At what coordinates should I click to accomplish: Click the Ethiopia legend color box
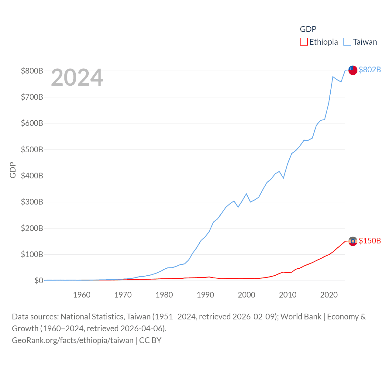tap(304, 42)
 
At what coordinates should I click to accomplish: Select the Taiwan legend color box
tap(347, 42)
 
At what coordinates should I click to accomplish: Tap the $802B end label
tap(370, 70)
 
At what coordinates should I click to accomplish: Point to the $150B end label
tap(370, 241)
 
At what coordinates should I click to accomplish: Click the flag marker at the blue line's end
tap(353, 70)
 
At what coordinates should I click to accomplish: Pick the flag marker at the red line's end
tap(353, 241)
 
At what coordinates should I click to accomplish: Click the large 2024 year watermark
tap(77, 77)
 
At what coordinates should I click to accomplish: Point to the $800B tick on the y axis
tap(32, 71)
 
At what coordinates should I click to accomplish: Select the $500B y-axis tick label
tap(32, 150)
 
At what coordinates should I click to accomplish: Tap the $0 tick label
tap(39, 281)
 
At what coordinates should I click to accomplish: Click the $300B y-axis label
tap(32, 202)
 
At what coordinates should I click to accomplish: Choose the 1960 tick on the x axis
tap(82, 295)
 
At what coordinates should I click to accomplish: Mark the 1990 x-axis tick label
tap(205, 295)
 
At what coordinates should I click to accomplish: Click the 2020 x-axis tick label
tap(329, 295)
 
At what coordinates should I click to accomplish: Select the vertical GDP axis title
tap(13, 170)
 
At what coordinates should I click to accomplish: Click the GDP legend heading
tap(308, 29)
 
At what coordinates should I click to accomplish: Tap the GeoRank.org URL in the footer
tap(73, 340)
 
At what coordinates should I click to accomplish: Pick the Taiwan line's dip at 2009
tap(283, 178)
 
